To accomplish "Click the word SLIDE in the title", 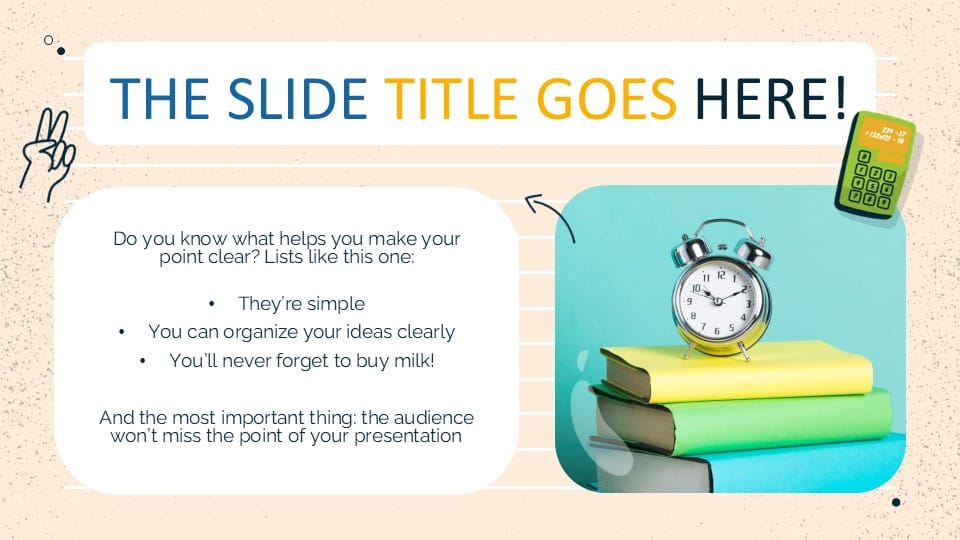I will coord(299,97).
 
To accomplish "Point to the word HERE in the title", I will coord(760,97).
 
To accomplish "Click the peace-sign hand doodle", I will coord(47,154).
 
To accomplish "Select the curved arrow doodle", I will coord(549,216).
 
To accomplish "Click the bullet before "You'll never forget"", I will coord(144,360).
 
